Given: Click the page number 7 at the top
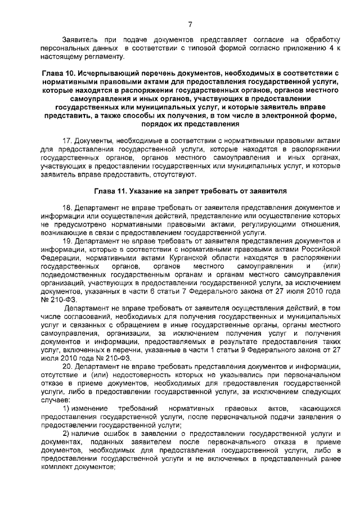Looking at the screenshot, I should (190, 24).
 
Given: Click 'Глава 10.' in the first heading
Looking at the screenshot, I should (61, 74).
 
